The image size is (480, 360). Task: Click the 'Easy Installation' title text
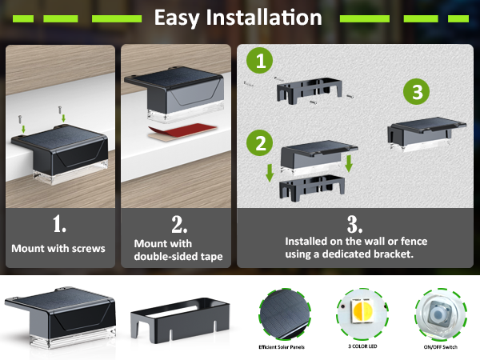pos(238,18)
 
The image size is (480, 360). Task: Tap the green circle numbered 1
pos(259,60)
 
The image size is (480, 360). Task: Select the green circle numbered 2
pos(259,143)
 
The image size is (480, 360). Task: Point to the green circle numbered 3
pos(416,91)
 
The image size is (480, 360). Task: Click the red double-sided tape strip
pos(182,132)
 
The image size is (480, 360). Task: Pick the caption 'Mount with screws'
pos(58,248)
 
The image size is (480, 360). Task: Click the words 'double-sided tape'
pos(178,256)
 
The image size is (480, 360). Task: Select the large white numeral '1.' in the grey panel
pos(59,223)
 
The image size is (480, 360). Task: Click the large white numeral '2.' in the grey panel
pos(179,224)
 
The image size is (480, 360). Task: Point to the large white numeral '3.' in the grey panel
pos(354,224)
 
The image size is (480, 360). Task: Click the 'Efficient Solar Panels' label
pos(282,347)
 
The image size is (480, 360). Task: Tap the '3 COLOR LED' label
pos(362,346)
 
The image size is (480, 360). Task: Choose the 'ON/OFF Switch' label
pos(441,347)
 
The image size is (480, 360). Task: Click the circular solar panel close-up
pos(285,314)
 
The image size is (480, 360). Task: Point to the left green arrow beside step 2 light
pos(270,173)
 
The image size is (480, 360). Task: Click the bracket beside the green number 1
pos(309,90)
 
